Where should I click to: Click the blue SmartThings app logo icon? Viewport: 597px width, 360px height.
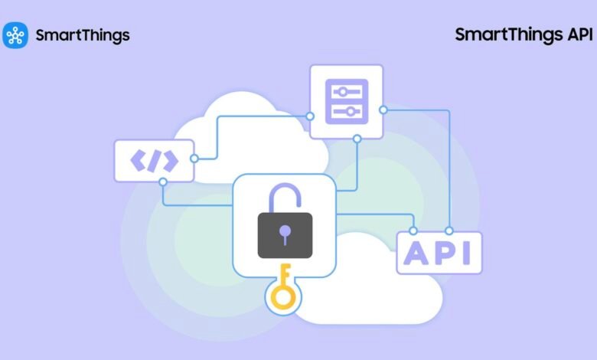coord(15,35)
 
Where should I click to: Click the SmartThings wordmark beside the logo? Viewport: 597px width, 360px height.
coord(83,36)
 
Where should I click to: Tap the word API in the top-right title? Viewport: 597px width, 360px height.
coord(580,34)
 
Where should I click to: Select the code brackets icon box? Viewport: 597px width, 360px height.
coord(154,161)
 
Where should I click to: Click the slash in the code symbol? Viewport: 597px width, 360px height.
coord(154,161)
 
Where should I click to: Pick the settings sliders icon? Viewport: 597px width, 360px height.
coord(347,101)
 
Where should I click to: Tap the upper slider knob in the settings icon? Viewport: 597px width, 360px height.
coord(343,92)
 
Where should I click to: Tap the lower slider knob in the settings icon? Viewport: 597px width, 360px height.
coord(351,112)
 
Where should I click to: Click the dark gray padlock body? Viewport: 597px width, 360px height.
coord(285,235)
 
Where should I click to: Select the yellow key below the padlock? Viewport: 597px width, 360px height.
coord(283,286)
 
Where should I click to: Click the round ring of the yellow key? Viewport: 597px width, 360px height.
coord(283,297)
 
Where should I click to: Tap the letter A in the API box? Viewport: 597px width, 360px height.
coord(416,253)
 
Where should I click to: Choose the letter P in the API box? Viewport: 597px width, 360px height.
coord(445,253)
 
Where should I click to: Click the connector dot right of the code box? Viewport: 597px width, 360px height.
coord(194,159)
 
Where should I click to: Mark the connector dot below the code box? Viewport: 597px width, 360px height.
coord(163,182)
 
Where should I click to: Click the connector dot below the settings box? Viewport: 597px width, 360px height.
coord(357,139)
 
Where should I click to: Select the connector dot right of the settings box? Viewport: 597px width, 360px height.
coord(383,110)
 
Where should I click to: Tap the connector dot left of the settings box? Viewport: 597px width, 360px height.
coord(310,116)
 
